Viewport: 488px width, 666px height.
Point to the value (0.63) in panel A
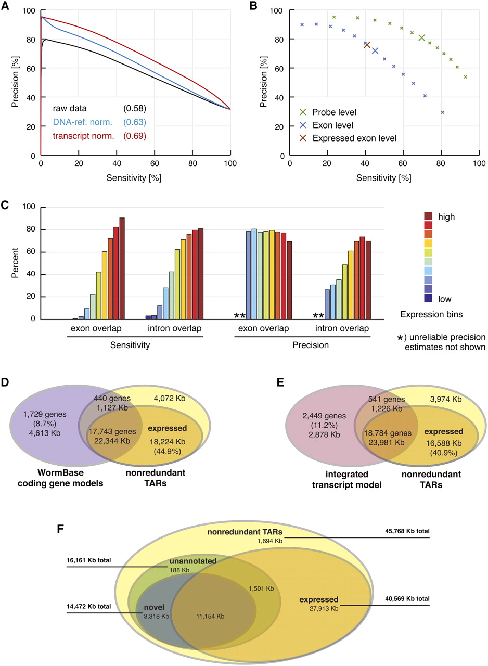click(134, 122)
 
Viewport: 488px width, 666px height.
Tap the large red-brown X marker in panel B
click(367, 45)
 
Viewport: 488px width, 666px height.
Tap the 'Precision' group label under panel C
click(301, 344)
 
